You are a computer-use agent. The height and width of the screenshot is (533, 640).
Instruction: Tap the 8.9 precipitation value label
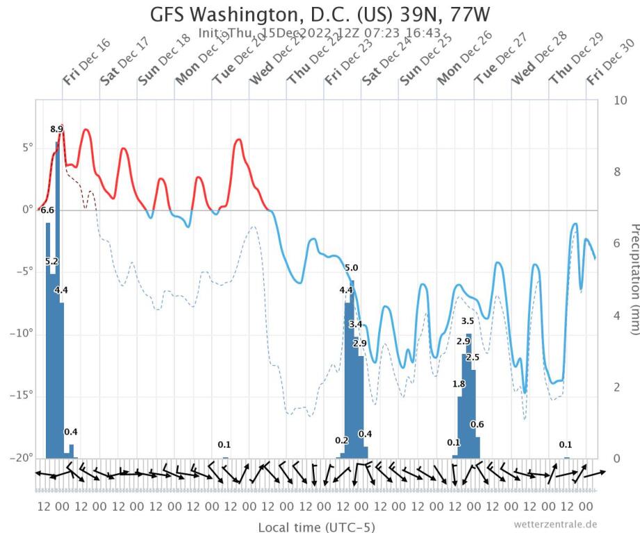pyautogui.click(x=57, y=129)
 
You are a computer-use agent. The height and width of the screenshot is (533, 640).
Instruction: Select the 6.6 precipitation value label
pyautogui.click(x=47, y=210)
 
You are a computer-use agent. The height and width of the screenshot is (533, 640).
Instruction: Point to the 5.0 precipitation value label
pyautogui.click(x=352, y=268)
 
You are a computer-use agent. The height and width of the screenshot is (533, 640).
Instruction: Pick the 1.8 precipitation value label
pyautogui.click(x=459, y=384)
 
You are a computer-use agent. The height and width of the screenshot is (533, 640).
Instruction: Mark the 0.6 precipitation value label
pyautogui.click(x=477, y=425)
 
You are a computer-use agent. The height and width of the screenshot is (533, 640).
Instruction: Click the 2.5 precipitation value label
pyautogui.click(x=473, y=357)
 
